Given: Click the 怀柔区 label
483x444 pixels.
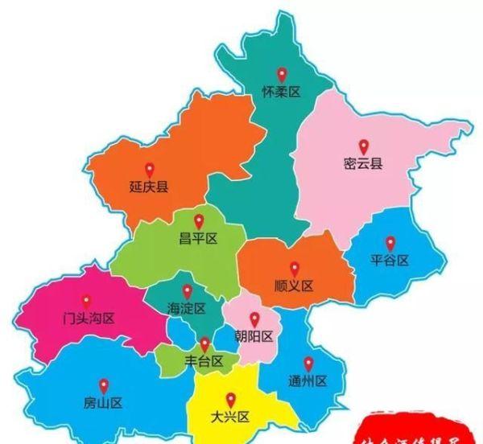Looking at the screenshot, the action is [x=281, y=92].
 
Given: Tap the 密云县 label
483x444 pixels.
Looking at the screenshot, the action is [x=363, y=165].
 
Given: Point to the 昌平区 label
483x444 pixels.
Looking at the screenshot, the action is [x=199, y=239].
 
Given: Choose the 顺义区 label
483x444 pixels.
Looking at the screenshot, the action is [x=294, y=286].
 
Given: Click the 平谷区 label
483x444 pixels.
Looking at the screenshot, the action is [x=390, y=261].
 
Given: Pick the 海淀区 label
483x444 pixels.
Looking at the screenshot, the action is [x=187, y=308].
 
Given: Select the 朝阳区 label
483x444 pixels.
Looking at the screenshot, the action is [x=254, y=336].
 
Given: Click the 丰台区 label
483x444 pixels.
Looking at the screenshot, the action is [x=204, y=362].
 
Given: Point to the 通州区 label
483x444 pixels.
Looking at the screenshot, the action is [x=308, y=380].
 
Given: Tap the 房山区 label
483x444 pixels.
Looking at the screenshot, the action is [x=102, y=402].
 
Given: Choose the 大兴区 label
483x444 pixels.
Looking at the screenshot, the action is [x=231, y=417].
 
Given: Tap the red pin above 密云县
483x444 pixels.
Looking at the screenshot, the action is [x=363, y=146].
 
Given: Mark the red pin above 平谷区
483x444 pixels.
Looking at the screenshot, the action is [x=390, y=242].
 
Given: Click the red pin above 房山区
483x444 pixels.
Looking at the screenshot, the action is [x=102, y=384].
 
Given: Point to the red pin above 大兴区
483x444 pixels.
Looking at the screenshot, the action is [x=231, y=399].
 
